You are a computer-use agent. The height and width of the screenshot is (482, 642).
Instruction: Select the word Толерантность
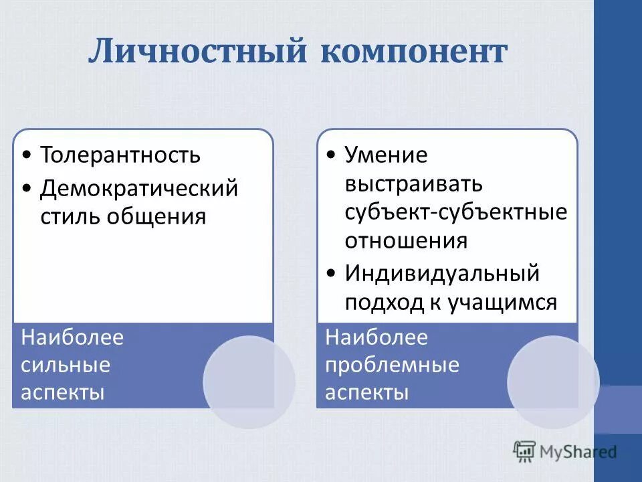[x=120, y=155]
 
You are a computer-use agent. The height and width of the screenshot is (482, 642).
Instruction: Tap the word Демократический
[x=139, y=187]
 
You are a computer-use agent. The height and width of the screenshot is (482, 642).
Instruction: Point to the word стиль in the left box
[x=68, y=217]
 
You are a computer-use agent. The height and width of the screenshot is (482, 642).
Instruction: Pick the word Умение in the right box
[x=386, y=155]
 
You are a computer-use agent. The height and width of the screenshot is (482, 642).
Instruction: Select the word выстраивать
[x=413, y=183]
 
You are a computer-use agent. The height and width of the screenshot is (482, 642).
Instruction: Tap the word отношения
[x=406, y=240]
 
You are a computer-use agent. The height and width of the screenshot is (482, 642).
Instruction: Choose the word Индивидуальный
[x=442, y=273]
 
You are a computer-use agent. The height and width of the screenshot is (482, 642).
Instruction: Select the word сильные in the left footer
[x=66, y=365]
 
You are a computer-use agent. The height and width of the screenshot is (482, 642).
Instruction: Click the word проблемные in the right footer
[x=392, y=365]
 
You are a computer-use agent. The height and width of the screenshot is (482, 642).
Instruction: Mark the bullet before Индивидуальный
[x=332, y=274]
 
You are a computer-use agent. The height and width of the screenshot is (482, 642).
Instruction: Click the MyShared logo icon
[x=525, y=451]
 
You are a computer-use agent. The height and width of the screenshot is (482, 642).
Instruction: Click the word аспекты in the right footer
[x=366, y=392]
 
